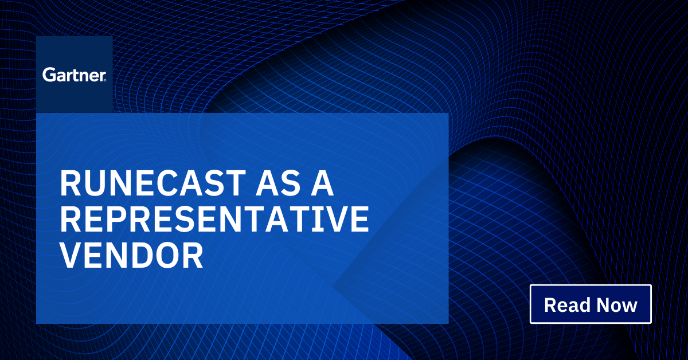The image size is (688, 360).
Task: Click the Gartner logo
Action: coord(73,75)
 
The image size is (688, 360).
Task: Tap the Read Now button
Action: coord(591,304)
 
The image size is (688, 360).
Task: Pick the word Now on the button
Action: coord(617,304)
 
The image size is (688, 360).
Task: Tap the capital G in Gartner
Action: coord(48,75)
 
